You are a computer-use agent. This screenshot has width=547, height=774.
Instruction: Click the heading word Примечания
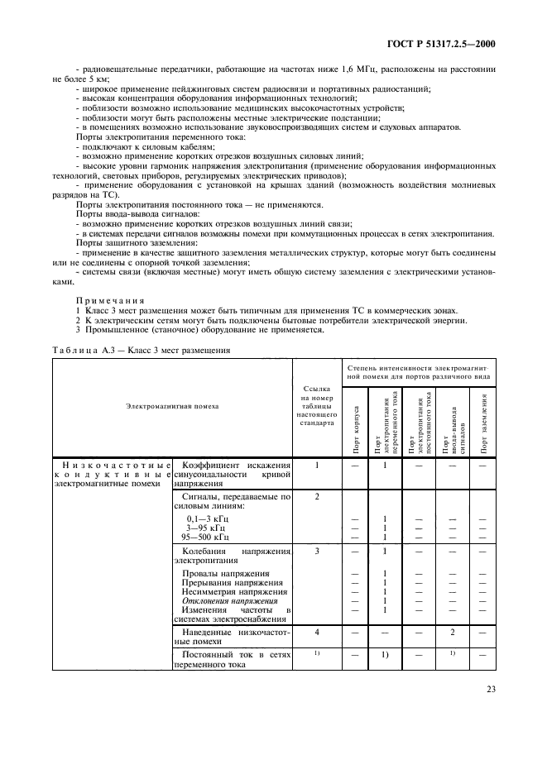click(x=110, y=300)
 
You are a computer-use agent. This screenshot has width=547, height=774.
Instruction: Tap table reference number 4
click(x=317, y=631)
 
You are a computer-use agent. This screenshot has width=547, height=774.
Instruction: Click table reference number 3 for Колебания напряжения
click(x=317, y=550)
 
